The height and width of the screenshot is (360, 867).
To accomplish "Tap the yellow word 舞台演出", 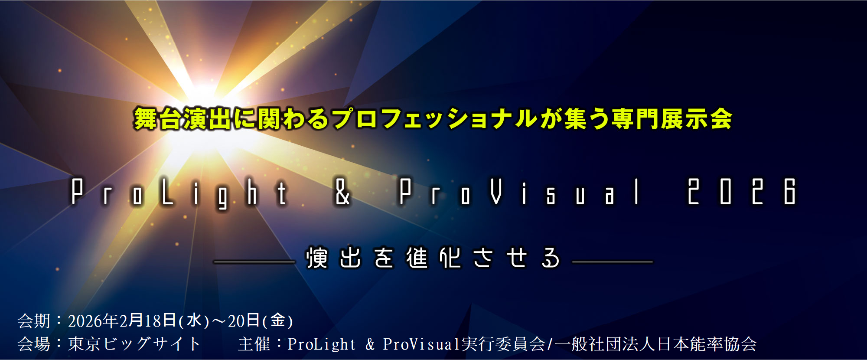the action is [183, 119].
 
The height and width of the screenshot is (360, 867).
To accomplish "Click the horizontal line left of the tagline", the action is [254, 262].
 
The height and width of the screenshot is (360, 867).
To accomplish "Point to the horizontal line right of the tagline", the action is [613, 262].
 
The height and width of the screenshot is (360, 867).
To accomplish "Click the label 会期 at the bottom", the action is [33, 321].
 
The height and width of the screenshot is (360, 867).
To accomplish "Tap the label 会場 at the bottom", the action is [33, 344].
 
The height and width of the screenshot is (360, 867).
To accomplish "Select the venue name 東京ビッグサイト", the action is [134, 344].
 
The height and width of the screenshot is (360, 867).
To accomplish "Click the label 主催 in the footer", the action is [254, 344].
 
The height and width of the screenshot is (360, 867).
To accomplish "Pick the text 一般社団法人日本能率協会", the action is [655, 344].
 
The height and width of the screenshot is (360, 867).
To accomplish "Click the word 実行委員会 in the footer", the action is [503, 344].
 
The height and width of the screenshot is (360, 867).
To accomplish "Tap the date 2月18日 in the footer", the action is [148, 321].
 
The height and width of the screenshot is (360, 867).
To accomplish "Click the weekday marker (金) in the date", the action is [278, 321].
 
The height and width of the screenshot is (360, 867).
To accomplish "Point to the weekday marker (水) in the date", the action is [194, 321].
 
